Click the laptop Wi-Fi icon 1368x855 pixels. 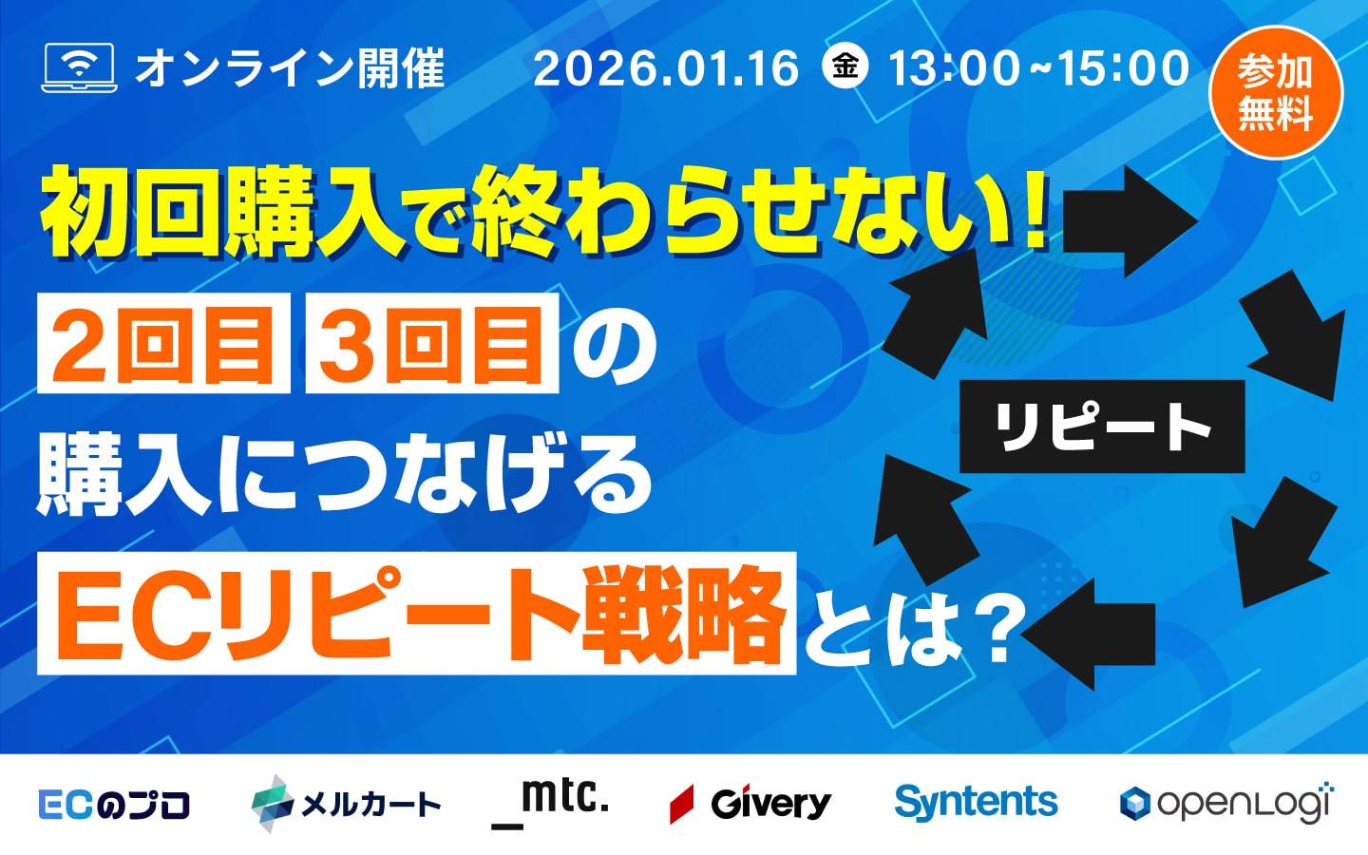tap(79, 67)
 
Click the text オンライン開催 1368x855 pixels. tap(290, 68)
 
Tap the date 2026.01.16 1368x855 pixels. tap(666, 68)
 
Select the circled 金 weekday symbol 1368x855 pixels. tap(845, 66)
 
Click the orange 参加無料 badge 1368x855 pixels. tap(1275, 92)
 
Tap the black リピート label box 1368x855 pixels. tap(1102, 427)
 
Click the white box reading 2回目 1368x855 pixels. tap(163, 343)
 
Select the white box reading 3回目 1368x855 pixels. tap(432, 343)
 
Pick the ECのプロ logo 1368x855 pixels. tap(114, 805)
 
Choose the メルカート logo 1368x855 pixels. tap(346, 804)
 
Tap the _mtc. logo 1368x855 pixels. tap(551, 800)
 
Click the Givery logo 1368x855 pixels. tap(750, 804)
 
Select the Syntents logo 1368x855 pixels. tap(976, 802)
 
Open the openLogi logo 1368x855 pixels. tap(1226, 804)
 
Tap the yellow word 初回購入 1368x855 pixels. tap(223, 212)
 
